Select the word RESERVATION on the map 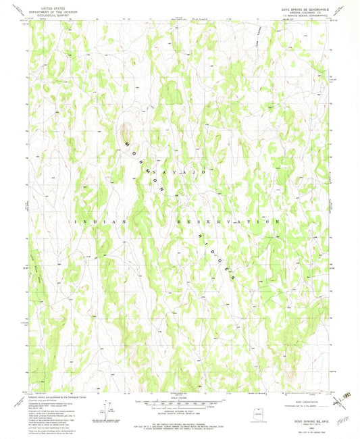point(229,222)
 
